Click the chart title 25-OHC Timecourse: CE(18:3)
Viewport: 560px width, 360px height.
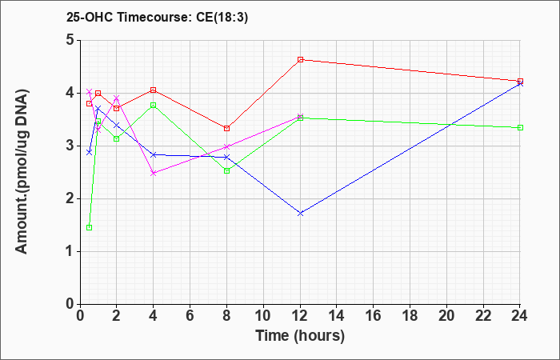click(157, 18)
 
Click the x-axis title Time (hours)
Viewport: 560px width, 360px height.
click(300, 336)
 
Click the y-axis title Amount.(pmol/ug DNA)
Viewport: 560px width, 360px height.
click(22, 172)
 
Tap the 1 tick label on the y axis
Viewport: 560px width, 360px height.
click(70, 251)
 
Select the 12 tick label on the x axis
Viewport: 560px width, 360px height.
click(300, 316)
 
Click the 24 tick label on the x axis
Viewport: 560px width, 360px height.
click(520, 316)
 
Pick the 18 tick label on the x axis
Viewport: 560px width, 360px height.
click(410, 316)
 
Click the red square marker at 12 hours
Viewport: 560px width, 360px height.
click(300, 60)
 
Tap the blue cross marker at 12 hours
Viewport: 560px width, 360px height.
click(300, 214)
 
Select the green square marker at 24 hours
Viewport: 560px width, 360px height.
click(520, 127)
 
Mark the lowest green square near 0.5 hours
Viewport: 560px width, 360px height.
click(90, 227)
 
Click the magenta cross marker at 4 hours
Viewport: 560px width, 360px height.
click(154, 174)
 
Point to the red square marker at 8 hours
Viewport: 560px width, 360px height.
click(226, 128)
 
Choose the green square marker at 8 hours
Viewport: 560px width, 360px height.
click(226, 170)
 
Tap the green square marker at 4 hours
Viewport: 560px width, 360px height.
click(154, 105)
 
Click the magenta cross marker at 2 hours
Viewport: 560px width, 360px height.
click(117, 98)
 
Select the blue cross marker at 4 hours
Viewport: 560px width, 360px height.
click(154, 154)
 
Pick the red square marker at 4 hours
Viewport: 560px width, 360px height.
click(154, 90)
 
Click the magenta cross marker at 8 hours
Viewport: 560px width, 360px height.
click(226, 146)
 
